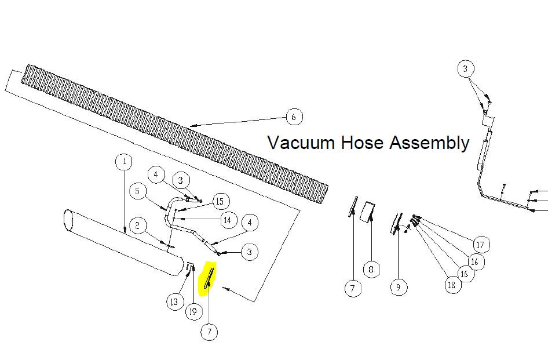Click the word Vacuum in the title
pyautogui.click(x=301, y=143)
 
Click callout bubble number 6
pyautogui.click(x=294, y=117)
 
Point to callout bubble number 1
pyautogui.click(x=124, y=162)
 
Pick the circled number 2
pyautogui.click(x=137, y=226)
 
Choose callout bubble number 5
pyautogui.click(x=137, y=191)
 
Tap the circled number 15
pyautogui.click(x=220, y=201)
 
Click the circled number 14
pyautogui.click(x=228, y=220)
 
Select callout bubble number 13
pyautogui.click(x=174, y=301)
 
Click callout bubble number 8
pyautogui.click(x=371, y=270)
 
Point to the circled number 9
pyautogui.click(x=399, y=287)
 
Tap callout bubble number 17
pyautogui.click(x=481, y=245)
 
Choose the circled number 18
pyautogui.click(x=452, y=285)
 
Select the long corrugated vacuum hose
pyautogui.click(x=175, y=134)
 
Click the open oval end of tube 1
pyautogui.click(x=67, y=220)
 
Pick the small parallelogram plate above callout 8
pyautogui.click(x=368, y=212)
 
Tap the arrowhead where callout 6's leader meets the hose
pyautogui.click(x=192, y=125)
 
